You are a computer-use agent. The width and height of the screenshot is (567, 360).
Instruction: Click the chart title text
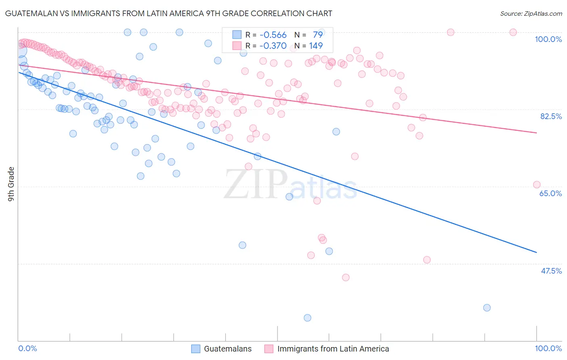tap(169, 13)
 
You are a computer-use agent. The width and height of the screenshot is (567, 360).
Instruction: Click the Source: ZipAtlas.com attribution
tap(531, 14)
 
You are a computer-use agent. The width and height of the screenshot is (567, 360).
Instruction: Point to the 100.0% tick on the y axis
tap(548, 39)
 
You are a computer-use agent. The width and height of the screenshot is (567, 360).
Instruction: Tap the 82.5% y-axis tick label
tap(551, 116)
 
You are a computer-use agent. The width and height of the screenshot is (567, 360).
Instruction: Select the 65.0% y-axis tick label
tap(550, 193)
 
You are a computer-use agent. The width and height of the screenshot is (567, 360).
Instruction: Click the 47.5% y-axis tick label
tap(551, 271)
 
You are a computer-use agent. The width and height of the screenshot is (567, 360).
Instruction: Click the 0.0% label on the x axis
tap(27, 348)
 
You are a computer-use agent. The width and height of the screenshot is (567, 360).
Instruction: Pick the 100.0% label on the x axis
tap(548, 348)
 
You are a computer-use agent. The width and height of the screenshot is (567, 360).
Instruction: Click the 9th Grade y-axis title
tap(11, 184)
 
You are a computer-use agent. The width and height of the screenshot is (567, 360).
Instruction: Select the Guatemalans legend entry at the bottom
tap(227, 349)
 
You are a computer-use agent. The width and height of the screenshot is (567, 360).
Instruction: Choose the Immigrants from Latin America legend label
tap(333, 349)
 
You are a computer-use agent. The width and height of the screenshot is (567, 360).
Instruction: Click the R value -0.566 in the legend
tap(273, 35)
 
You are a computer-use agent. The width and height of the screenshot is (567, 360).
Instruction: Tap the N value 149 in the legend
tap(316, 46)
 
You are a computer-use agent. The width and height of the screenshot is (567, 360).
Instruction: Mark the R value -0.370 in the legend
tap(273, 46)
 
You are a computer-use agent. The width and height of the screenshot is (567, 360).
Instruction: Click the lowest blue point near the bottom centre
tap(307, 318)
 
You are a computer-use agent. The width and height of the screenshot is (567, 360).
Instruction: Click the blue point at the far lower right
tap(487, 308)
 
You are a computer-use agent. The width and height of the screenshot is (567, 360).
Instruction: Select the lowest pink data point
tap(346, 277)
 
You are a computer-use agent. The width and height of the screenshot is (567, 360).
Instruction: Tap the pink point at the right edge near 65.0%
tap(537, 184)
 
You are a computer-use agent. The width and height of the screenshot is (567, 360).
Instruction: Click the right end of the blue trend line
tap(536, 252)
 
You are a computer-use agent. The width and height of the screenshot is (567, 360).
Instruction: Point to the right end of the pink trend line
tap(536, 133)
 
